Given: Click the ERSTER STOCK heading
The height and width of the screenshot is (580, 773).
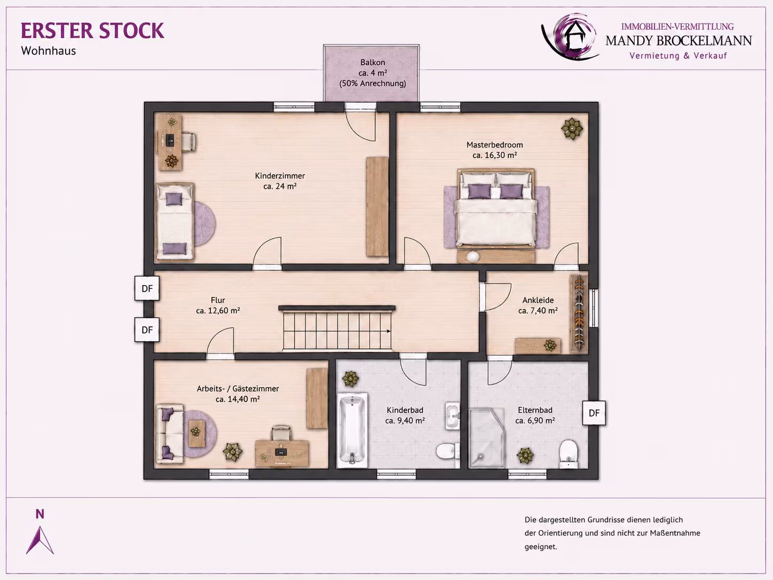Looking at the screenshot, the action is coord(92,30).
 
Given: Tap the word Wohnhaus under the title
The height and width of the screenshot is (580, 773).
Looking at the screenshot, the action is coord(48,51).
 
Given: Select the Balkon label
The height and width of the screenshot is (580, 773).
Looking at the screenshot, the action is coord(373,62).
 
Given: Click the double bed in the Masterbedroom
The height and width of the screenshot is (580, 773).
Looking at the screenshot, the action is coord(496,208).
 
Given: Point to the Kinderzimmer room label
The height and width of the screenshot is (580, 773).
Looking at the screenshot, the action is coord(280,176).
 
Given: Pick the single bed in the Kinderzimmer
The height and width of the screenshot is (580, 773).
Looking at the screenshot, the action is coord(175,222).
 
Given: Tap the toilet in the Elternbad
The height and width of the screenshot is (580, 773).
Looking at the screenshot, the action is coord(569,453).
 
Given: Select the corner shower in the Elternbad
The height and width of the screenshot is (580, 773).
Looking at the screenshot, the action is coord(486,438).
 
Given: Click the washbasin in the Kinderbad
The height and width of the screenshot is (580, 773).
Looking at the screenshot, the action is coord(453,416).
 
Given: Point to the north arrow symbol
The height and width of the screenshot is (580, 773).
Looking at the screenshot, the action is coord(40,540).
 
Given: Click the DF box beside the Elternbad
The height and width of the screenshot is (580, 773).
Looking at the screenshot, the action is coord(594,413).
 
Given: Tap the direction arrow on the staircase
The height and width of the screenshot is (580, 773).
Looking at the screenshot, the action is coord(387,331).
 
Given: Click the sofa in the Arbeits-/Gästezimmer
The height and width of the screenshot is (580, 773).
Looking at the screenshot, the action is coord(170,434).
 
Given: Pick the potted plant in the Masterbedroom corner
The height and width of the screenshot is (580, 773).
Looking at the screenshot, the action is coord(572,129).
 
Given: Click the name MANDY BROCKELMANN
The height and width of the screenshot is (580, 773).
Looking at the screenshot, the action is coord(679,41).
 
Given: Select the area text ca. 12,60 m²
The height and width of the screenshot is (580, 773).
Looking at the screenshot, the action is coord(218,311).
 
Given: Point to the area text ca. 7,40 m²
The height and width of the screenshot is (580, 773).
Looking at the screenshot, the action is coord(538,311).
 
